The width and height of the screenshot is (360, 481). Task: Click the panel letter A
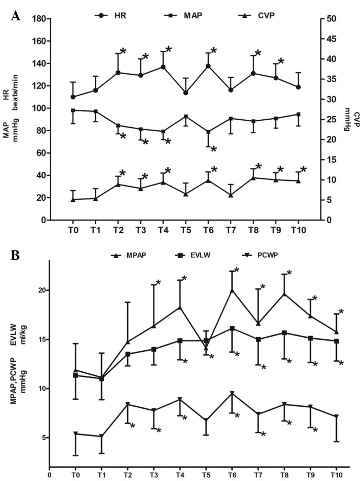(16, 16)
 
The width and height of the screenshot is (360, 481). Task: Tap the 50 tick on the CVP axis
(333, 19)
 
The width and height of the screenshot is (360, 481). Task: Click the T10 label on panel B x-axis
(336, 475)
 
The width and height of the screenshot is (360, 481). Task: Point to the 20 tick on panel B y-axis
(36, 290)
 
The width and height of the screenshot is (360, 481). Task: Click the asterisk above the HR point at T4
(168, 50)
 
